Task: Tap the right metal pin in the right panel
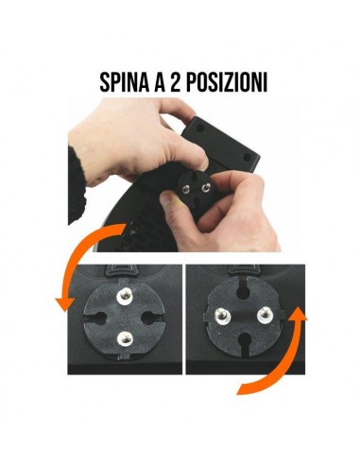pos(262,313)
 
